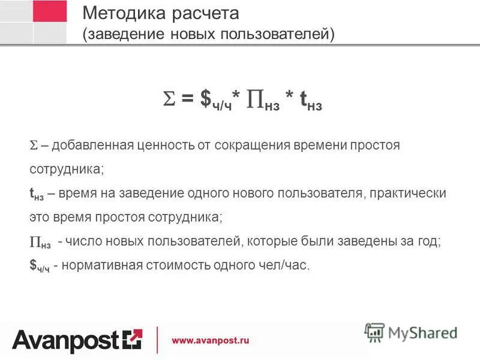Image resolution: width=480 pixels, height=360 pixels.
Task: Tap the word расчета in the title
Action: coord(200,13)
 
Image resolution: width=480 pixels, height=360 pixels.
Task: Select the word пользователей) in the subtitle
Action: coord(287,34)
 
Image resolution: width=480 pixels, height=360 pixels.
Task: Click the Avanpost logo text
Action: coord(67,340)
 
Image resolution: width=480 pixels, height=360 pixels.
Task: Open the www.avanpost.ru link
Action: coord(210,340)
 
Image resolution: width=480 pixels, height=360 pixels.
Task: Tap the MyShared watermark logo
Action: coord(411,332)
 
